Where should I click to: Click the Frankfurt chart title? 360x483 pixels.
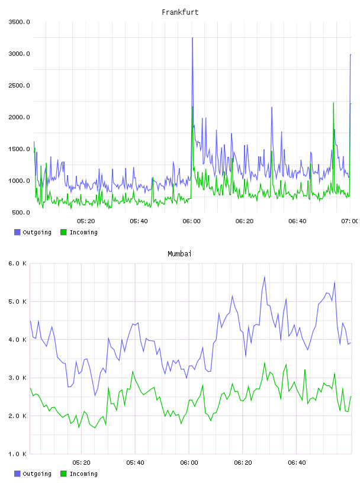click(x=180, y=12)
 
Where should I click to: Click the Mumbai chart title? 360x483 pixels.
click(x=179, y=253)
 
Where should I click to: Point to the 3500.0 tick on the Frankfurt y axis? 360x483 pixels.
click(x=19, y=22)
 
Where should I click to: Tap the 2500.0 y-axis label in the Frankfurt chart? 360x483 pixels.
click(x=19, y=85)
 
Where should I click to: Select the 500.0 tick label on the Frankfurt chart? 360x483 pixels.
click(x=21, y=212)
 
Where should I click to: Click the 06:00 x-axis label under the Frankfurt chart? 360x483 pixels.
click(x=191, y=221)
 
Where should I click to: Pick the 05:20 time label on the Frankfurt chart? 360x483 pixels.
click(x=86, y=221)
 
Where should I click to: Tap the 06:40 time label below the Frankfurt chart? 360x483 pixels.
click(x=297, y=221)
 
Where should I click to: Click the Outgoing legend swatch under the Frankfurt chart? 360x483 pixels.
click(x=17, y=232)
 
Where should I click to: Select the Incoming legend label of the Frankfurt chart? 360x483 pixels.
click(x=83, y=232)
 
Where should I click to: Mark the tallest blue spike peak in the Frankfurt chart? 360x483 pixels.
click(x=192, y=37)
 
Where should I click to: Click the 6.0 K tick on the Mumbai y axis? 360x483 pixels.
click(x=17, y=263)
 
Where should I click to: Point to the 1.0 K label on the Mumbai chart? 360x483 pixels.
click(x=17, y=454)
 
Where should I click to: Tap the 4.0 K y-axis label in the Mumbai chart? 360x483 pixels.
click(x=17, y=339)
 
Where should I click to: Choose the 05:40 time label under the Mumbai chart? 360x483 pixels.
click(x=135, y=462)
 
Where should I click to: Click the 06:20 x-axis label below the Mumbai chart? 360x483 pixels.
click(x=243, y=462)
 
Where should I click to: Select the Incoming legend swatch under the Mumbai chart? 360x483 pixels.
click(x=63, y=474)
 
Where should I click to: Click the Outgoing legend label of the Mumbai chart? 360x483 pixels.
click(x=37, y=474)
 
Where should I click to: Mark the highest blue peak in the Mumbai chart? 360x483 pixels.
click(x=265, y=276)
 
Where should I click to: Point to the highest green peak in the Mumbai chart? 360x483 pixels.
click(x=265, y=363)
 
